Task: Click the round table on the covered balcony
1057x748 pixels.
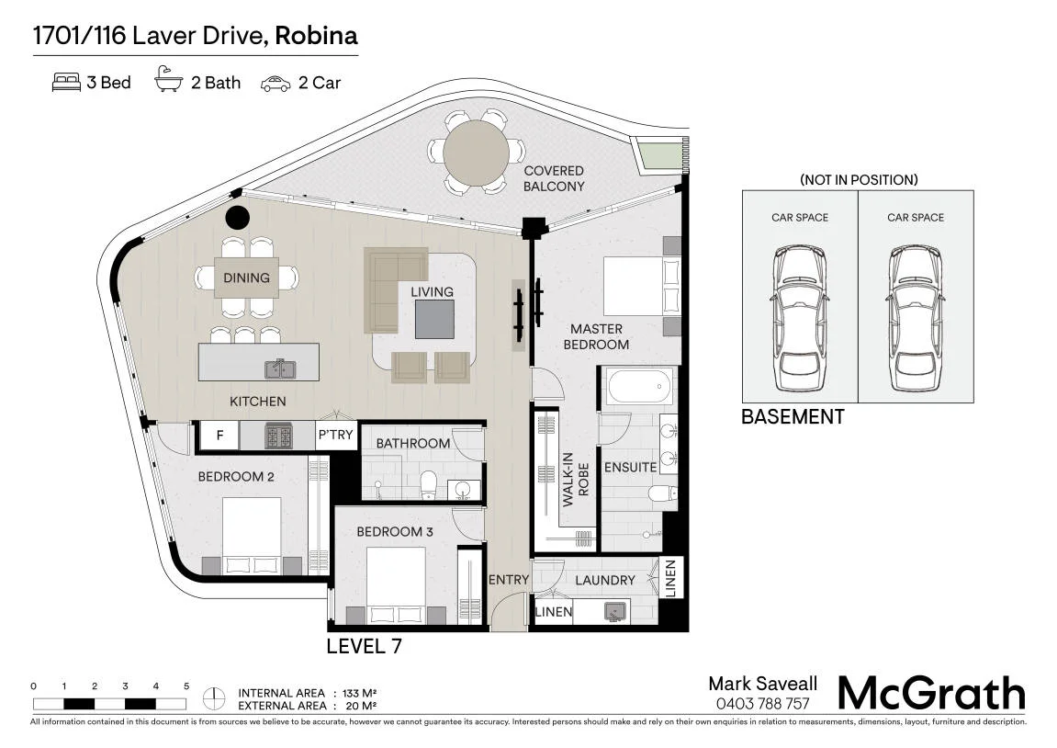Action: tap(476, 152)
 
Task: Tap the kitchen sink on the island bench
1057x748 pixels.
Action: tap(280, 368)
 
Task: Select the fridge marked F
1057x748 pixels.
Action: tap(219, 436)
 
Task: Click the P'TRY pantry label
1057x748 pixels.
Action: tap(336, 435)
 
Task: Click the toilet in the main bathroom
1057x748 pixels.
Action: tap(429, 485)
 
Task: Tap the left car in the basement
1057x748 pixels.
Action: tap(800, 318)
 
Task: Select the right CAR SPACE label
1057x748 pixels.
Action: tap(916, 217)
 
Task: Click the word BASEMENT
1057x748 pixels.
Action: tap(793, 417)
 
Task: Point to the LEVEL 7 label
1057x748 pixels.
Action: tap(364, 646)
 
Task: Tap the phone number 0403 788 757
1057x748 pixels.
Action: tap(762, 704)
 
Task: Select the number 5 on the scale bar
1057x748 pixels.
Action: tap(186, 686)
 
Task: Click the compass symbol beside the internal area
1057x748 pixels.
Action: tap(214, 698)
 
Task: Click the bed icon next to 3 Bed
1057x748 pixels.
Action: tap(66, 83)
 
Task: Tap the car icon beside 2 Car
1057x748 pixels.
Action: tap(275, 84)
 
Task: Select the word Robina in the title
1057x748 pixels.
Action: tap(316, 35)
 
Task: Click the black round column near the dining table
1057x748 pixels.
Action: tap(237, 217)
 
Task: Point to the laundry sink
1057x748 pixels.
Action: tap(614, 611)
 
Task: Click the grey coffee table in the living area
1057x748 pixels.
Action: tap(434, 319)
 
